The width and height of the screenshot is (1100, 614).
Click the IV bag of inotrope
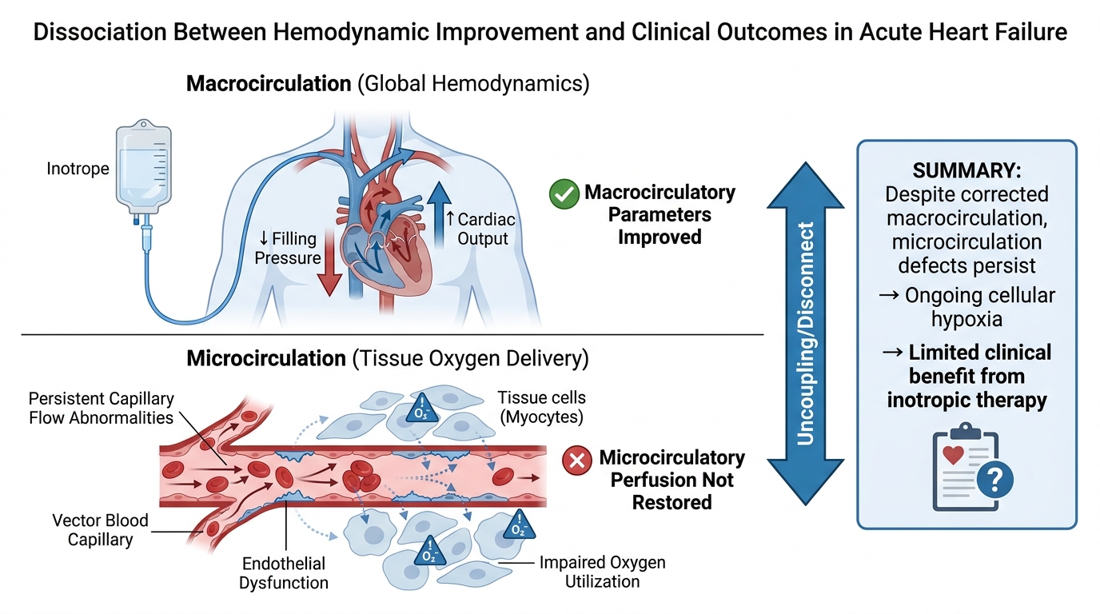pos(143,167)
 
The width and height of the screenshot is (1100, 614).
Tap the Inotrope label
pos(78,169)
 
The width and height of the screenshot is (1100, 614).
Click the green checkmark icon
pos(564,194)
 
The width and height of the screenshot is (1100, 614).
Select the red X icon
pos(577,460)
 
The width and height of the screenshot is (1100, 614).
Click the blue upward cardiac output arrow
pos(439,215)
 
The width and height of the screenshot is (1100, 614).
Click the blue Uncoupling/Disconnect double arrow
pos(805,333)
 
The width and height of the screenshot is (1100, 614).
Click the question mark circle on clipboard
pos(995,480)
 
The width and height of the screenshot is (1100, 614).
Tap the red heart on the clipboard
pos(953,454)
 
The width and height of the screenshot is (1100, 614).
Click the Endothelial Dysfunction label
pos(284,572)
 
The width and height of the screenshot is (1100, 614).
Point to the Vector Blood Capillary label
pos(100,529)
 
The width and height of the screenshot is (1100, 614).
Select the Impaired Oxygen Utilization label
pos(603,572)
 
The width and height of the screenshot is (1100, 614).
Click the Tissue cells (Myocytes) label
pos(542,407)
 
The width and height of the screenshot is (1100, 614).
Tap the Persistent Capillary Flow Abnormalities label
pos(102,408)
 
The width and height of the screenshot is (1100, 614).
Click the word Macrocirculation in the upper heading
pos(269,83)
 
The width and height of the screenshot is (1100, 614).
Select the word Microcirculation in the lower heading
pos(266,358)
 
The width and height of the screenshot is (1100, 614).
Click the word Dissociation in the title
pos(100,32)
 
